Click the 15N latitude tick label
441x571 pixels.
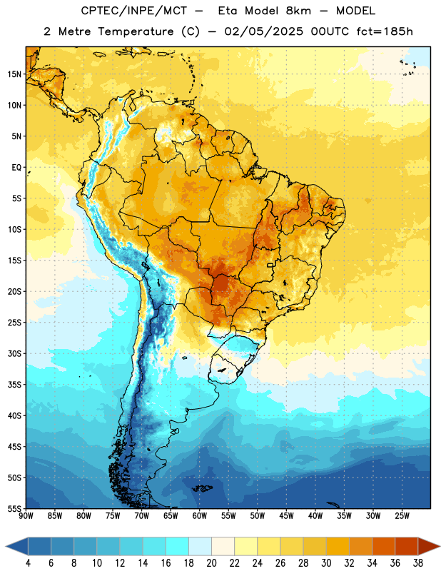click(x=14, y=74)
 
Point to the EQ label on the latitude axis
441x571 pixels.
click(x=16, y=168)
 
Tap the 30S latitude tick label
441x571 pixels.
click(x=14, y=353)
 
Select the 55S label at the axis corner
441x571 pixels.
click(x=14, y=509)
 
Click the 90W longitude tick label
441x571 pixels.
click(x=26, y=516)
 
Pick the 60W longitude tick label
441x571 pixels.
click(x=200, y=516)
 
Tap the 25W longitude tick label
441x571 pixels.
click(x=402, y=516)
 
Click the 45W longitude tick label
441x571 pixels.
click(x=286, y=516)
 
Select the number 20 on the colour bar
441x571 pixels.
click(x=211, y=563)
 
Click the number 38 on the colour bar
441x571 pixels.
click(x=418, y=563)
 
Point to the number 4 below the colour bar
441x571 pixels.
click(x=28, y=563)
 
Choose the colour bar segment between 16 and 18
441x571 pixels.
click(x=178, y=547)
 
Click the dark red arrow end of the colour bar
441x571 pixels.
click(x=429, y=547)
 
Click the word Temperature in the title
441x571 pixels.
click(x=136, y=31)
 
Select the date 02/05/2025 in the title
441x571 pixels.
click(x=263, y=31)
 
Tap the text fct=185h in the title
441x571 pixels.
click(x=385, y=31)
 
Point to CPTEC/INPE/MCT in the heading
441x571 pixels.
click(x=134, y=11)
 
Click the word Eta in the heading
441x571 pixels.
click(x=228, y=11)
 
